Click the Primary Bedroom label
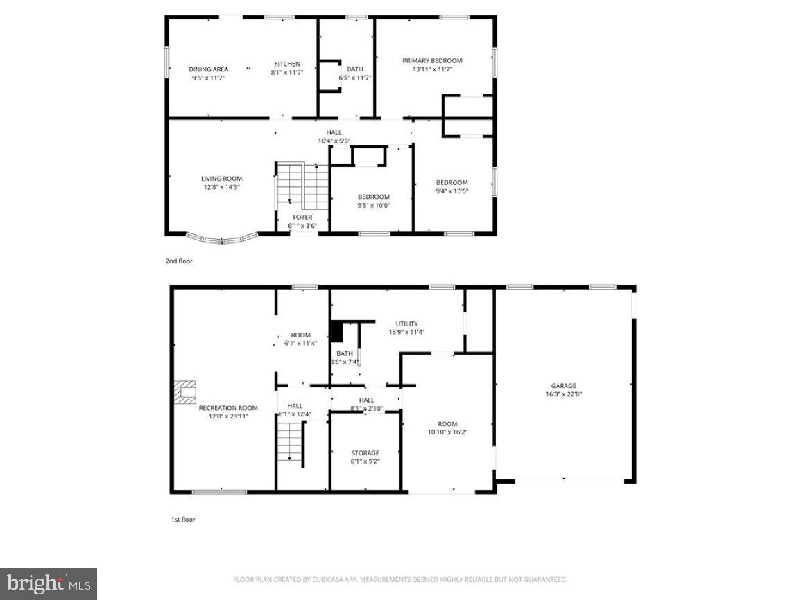[x=432, y=61]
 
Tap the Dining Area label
[x=209, y=69]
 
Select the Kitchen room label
[x=286, y=64]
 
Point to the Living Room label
[x=222, y=179]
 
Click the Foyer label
[x=302, y=218]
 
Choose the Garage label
[x=563, y=386]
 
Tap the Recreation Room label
[x=228, y=408]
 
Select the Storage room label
[x=365, y=453]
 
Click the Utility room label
[x=406, y=324]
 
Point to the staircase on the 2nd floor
[x=302, y=185]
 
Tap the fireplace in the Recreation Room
[x=185, y=391]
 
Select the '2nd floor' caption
[x=179, y=261]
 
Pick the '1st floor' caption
[x=183, y=519]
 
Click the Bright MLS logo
[x=48, y=583]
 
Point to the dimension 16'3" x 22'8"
[x=563, y=395]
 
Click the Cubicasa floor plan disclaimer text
[x=400, y=579]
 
